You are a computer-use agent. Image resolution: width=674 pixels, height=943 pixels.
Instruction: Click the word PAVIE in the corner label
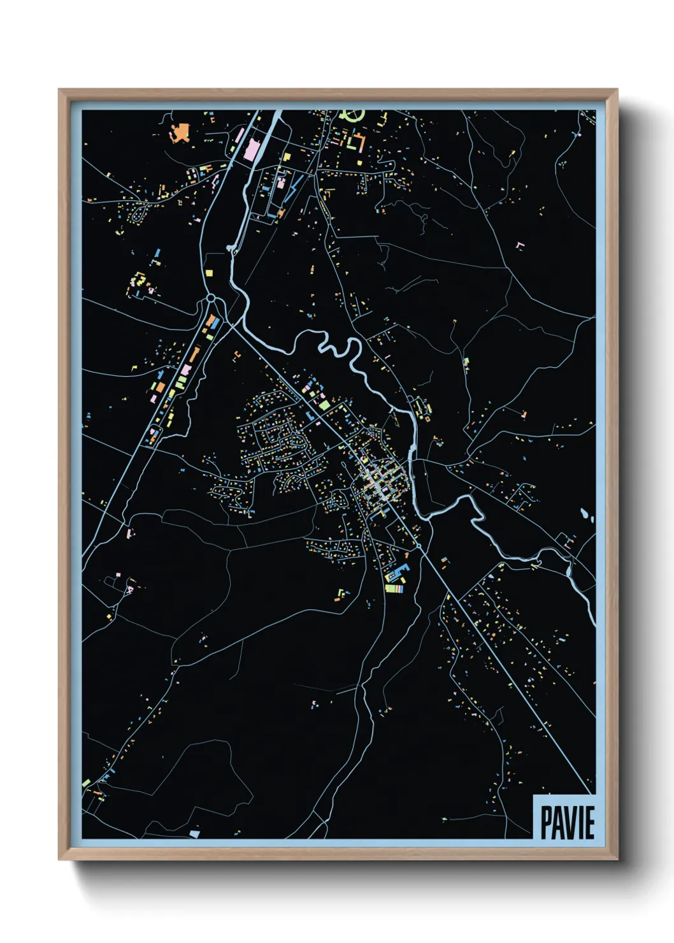pos(567,823)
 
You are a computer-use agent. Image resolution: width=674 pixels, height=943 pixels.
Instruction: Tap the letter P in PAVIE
pos(546,823)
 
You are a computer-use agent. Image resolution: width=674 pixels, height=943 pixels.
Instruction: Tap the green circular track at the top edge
pos(352,115)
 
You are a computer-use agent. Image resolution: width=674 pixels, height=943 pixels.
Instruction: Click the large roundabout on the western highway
pos(211,298)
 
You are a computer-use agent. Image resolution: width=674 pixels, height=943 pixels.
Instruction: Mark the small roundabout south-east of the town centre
pos(418,546)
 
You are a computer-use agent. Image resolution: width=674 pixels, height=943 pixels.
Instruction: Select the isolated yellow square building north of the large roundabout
pos(208,273)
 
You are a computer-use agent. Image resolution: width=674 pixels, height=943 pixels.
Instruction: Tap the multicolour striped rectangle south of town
pos(394,589)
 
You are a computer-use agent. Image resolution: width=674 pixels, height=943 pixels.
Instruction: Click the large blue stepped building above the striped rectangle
pos(396,574)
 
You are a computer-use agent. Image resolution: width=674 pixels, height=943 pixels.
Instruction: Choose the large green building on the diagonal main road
pos(324,404)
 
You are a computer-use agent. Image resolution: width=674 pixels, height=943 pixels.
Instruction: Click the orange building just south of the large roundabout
pos(210,319)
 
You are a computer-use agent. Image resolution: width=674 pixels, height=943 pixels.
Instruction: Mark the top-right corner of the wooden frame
pos(616,91)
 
